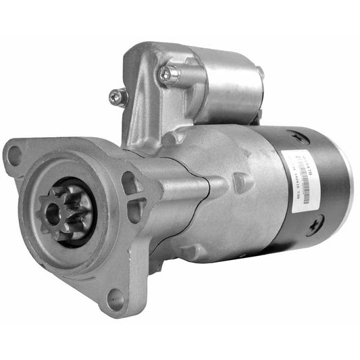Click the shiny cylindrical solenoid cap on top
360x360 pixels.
230,84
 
